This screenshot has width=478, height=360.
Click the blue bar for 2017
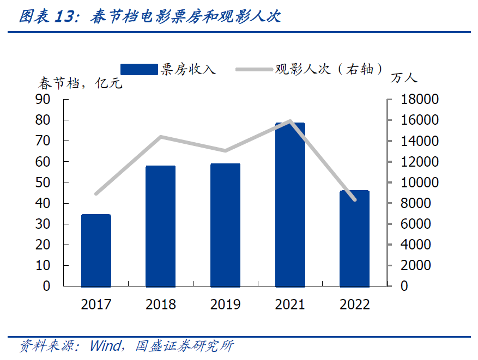(96, 251)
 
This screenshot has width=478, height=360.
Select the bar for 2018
(160, 226)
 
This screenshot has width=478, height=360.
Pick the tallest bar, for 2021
(290, 205)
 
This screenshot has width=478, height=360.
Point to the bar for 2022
(354, 238)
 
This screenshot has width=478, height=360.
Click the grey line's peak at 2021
(290, 121)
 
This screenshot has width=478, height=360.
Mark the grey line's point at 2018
(160, 137)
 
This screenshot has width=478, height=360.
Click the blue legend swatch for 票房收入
(138, 69)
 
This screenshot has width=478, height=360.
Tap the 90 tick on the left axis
(43, 100)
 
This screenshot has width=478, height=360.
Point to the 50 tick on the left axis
(43, 182)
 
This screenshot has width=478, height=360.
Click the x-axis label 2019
(225, 304)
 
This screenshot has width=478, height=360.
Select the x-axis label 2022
(354, 304)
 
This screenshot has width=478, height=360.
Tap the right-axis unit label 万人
(404, 78)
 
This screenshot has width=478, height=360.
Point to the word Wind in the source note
(104, 346)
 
